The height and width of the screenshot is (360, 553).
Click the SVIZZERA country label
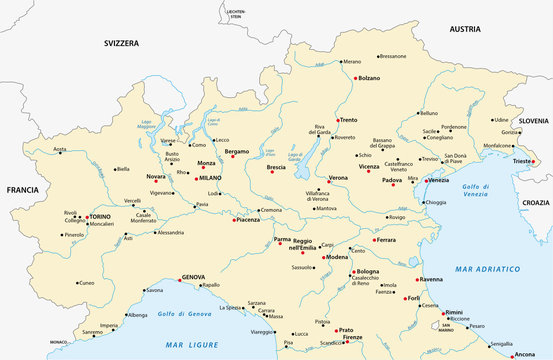[126, 44]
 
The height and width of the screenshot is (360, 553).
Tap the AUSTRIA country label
[465, 30]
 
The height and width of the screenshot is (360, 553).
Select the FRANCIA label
[21, 189]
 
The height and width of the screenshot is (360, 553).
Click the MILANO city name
[210, 178]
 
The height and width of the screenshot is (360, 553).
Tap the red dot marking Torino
[85, 216]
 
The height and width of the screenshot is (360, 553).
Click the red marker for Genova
[177, 278]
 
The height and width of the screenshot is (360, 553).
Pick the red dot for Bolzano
[356, 78]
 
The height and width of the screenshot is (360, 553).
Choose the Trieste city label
[519, 162]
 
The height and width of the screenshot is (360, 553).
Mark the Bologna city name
[368, 271]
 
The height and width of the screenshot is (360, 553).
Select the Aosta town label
[60, 150]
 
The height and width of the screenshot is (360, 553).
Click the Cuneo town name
[86, 283]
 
